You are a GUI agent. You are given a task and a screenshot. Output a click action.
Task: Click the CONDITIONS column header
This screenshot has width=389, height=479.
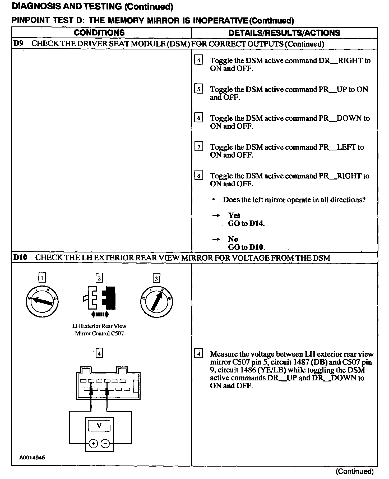pyautogui.click(x=99, y=33)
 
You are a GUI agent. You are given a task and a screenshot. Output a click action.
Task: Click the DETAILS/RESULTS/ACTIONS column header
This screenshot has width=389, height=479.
pyautogui.click(x=284, y=33)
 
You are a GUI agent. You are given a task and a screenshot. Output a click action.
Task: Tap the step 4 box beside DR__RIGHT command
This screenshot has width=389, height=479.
pyautogui.click(x=198, y=60)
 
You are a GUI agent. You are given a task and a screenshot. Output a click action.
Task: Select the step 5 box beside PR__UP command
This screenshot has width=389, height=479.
pyautogui.click(x=198, y=89)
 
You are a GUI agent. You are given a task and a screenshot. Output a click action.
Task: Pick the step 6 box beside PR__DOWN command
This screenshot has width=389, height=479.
pyautogui.click(x=198, y=118)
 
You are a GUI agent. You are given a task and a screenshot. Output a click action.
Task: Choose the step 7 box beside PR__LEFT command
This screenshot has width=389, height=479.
pyautogui.click(x=198, y=147)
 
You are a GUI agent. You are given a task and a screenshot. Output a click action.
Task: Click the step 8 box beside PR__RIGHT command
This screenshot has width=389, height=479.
pyautogui.click(x=198, y=176)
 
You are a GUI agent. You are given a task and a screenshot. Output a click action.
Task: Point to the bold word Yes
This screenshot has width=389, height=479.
pyautogui.click(x=234, y=215)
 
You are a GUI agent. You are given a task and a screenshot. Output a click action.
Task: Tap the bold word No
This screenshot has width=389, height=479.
pyautogui.click(x=233, y=239)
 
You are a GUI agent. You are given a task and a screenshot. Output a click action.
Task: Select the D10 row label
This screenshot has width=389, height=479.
pyautogui.click(x=20, y=257)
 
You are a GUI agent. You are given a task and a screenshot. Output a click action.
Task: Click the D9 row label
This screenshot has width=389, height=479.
pyautogui.click(x=18, y=44)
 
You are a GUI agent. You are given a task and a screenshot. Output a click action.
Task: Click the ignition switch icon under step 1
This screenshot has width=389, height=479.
pyautogui.click(x=42, y=302)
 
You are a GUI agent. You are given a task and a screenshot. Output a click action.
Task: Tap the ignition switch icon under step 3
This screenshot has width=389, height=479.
pyautogui.click(x=156, y=302)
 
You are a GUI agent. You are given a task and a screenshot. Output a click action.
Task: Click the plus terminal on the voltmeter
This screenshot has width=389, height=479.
pyautogui.click(x=93, y=444)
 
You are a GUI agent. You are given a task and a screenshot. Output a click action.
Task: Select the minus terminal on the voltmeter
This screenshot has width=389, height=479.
pyautogui.click(x=105, y=444)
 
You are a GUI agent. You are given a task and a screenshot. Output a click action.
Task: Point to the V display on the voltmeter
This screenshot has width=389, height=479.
pyautogui.click(x=99, y=425)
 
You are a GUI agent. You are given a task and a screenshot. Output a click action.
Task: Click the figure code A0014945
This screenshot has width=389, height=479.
pyautogui.click(x=32, y=458)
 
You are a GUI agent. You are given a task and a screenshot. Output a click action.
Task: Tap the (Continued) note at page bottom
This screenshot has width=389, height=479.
pyautogui.click(x=354, y=471)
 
